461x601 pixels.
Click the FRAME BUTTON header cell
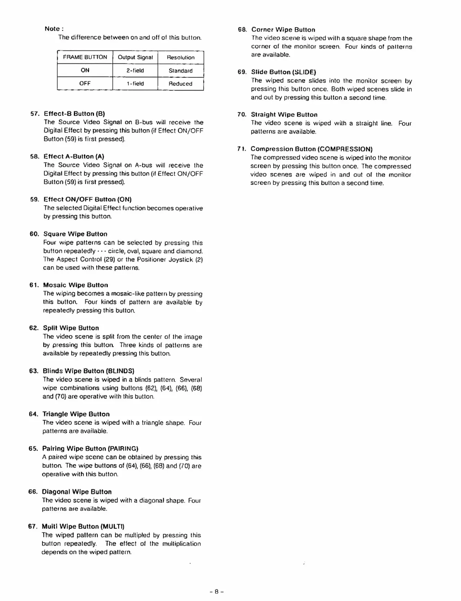tap(85, 57)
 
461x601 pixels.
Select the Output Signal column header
tap(135, 57)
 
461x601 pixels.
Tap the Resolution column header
tap(181, 57)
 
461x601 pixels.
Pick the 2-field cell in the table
tap(135, 70)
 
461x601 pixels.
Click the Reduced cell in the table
tap(181, 84)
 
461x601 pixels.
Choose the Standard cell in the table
tap(181, 71)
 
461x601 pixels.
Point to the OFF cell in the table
tap(85, 83)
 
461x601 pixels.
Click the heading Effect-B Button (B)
tap(74, 114)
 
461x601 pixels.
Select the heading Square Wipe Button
tap(75, 234)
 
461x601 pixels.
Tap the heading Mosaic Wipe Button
tap(76, 285)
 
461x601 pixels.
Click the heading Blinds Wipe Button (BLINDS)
tap(89, 371)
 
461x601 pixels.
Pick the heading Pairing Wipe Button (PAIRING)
tap(90, 448)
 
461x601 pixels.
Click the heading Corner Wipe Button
tap(283, 29)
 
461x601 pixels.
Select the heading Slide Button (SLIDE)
tap(284, 72)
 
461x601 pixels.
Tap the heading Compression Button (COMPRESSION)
tap(312, 149)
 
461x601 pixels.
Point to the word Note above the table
tap(52, 29)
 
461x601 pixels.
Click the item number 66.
tap(32, 492)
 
